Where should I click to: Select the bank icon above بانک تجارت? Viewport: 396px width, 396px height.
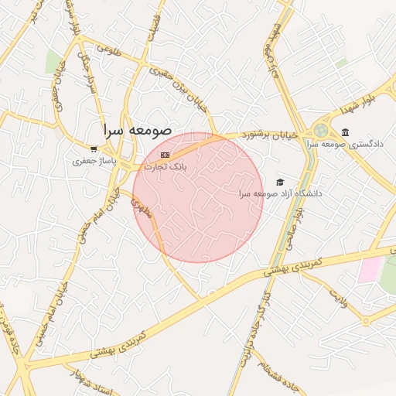(163, 155)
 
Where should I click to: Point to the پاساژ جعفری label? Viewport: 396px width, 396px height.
(93, 162)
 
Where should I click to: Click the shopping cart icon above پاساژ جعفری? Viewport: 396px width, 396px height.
(94, 149)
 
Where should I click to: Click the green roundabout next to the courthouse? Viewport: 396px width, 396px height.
(321, 130)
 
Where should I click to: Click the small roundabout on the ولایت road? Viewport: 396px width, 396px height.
(365, 320)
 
